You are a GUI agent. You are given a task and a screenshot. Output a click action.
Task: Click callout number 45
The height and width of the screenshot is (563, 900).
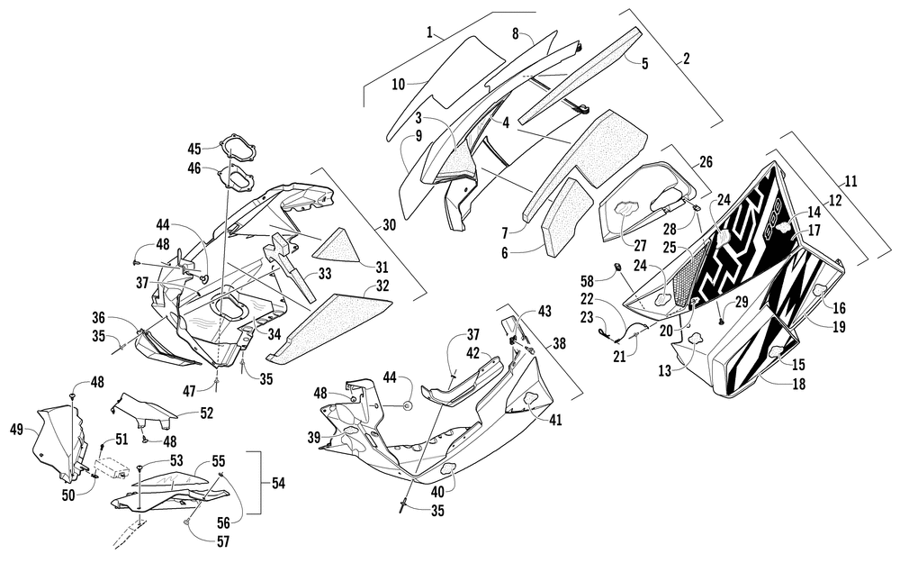click(x=194, y=148)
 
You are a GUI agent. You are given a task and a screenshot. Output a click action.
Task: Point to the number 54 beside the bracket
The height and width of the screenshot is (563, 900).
click(x=279, y=483)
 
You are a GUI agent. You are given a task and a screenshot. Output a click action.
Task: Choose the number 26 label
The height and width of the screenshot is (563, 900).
click(x=704, y=162)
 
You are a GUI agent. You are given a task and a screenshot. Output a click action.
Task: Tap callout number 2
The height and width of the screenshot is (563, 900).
click(x=686, y=60)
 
